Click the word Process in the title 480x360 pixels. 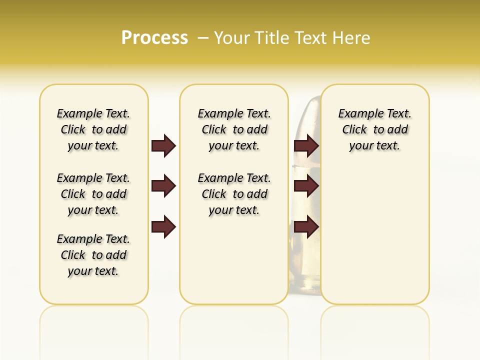click(154, 37)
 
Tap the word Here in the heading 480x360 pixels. click(351, 38)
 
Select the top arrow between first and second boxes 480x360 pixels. click(163, 145)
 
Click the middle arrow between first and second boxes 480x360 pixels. click(163, 186)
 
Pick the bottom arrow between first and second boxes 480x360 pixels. click(163, 226)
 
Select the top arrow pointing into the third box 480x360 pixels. click(306, 145)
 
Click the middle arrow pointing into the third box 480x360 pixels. click(306, 186)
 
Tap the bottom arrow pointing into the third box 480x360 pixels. click(306, 226)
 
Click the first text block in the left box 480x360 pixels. click(93, 129)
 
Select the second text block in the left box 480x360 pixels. click(93, 194)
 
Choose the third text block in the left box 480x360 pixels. click(93, 255)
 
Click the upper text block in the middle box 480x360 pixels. click(234, 129)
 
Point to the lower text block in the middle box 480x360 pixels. click(234, 194)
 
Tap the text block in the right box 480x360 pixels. click(375, 129)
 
